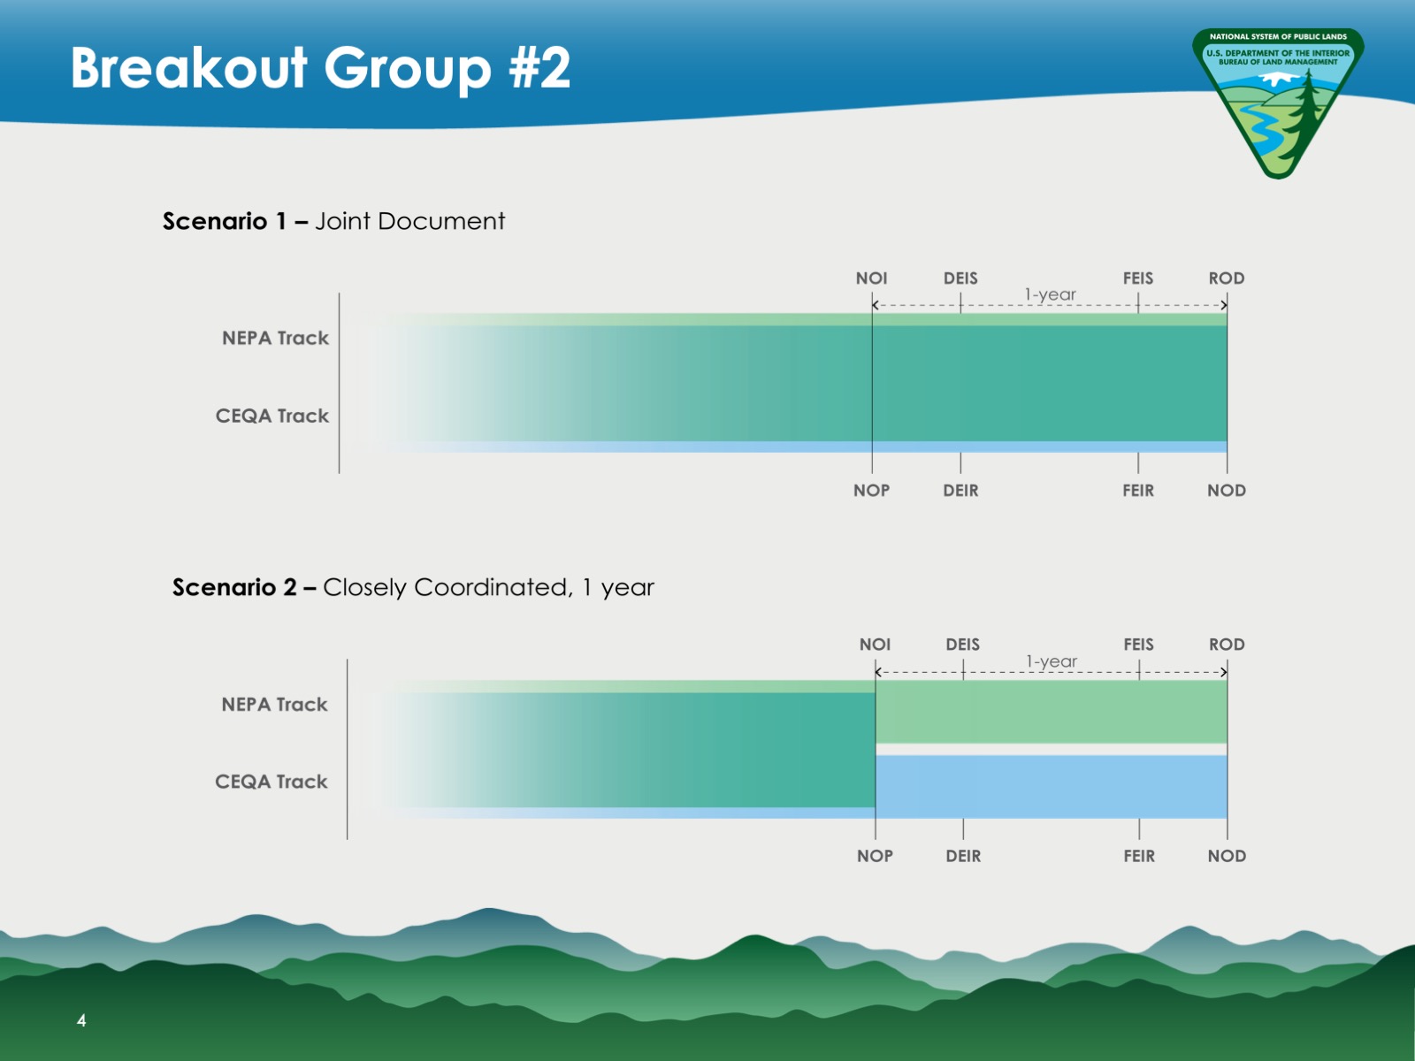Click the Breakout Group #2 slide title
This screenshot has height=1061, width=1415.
320,68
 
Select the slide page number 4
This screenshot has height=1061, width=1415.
81,1019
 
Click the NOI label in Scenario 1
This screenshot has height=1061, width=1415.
871,279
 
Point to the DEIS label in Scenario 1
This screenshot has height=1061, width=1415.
960,279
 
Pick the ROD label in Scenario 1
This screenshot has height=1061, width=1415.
1226,279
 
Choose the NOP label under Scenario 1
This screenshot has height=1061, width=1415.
872,490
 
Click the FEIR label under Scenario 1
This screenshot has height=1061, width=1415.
1138,490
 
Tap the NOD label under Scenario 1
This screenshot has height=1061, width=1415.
1226,490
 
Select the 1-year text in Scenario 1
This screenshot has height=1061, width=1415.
1050,294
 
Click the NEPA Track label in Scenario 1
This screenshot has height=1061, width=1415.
275,338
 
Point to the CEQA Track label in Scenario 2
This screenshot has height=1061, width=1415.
271,782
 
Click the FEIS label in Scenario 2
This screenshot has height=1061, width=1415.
1138,645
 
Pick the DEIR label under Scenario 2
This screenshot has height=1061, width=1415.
963,856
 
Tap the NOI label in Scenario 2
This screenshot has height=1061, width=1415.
875,645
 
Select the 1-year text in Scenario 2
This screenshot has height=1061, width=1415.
1052,661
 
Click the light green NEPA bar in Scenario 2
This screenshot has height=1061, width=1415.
1051,712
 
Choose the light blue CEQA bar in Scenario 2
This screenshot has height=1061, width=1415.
1051,787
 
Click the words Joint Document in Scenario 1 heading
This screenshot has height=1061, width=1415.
410,221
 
